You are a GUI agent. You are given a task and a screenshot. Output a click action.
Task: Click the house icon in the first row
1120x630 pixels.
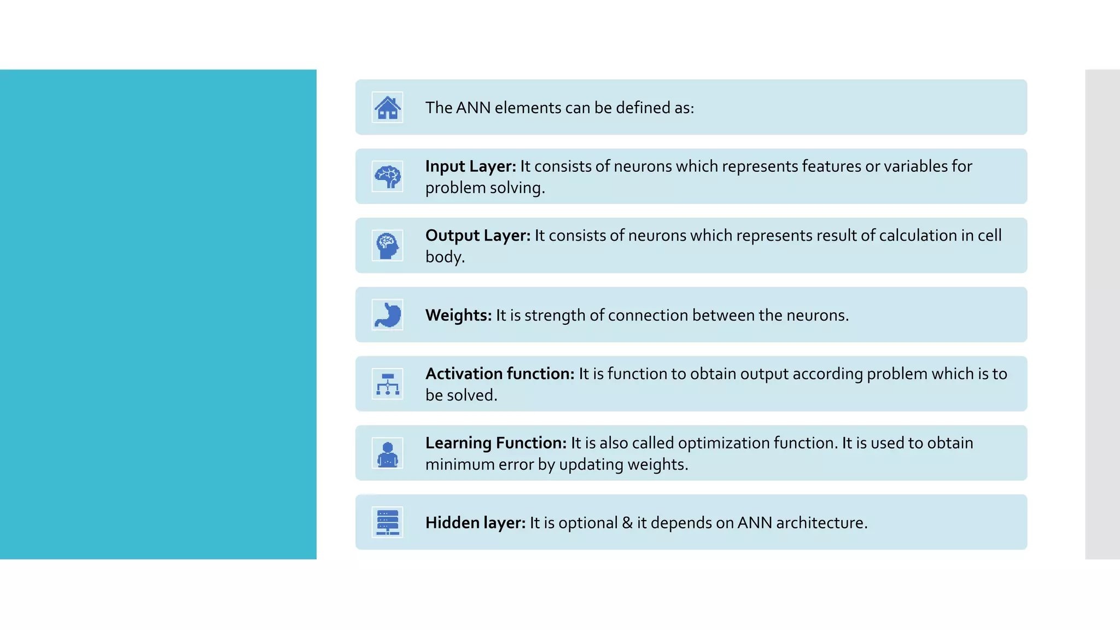387,107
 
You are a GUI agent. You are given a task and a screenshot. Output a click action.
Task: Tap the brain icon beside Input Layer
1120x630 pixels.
387,176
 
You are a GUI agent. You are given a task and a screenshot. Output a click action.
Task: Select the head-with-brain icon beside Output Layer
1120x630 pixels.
387,246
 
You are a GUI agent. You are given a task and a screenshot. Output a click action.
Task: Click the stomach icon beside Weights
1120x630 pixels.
387,314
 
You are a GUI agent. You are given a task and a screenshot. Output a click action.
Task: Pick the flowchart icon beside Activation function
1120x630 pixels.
387,384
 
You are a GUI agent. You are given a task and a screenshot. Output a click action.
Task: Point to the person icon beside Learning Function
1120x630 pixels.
387,453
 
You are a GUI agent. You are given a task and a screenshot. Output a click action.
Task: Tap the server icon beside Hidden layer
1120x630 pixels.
387,522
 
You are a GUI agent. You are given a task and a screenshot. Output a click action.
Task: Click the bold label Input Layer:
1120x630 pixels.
470,166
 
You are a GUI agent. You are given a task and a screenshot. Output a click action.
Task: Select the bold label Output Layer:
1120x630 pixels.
477,235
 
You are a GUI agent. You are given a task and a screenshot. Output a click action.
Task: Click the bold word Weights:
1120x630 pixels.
458,315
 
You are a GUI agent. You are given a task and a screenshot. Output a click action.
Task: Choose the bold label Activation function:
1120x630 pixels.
500,374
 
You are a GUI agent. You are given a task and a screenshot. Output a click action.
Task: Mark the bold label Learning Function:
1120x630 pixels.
495,443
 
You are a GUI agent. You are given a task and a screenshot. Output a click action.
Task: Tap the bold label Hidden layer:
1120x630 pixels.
475,523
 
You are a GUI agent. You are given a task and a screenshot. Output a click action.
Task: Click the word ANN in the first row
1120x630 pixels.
473,108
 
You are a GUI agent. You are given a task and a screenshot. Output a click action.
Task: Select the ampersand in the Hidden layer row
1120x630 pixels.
627,523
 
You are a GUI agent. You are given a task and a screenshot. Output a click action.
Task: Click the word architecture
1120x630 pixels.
821,523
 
